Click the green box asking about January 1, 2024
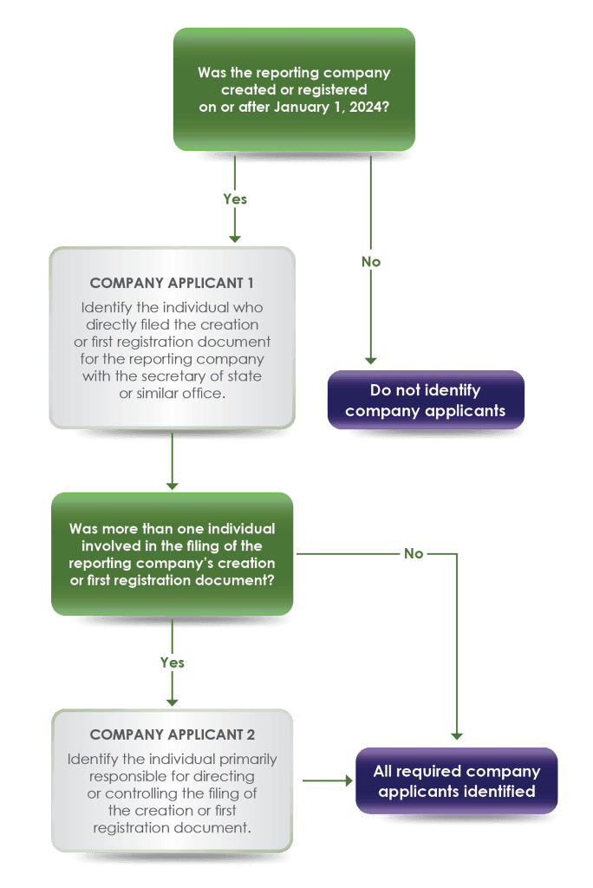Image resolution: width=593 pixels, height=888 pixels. click(x=294, y=89)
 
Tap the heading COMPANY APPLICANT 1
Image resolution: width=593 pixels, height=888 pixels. click(x=172, y=283)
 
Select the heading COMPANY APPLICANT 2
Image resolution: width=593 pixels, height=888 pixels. click(x=172, y=735)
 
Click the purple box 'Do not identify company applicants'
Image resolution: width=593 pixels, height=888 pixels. click(x=425, y=401)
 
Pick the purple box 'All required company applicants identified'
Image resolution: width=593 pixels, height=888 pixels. click(x=456, y=780)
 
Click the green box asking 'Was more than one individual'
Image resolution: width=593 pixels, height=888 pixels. click(x=172, y=554)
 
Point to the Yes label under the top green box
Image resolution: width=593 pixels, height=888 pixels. click(x=234, y=199)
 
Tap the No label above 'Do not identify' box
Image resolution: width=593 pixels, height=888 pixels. click(x=371, y=261)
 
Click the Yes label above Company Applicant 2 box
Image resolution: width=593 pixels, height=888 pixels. click(x=172, y=663)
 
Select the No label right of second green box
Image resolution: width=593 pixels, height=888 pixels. click(x=415, y=553)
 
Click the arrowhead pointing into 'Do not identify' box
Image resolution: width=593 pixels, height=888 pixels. click(x=371, y=360)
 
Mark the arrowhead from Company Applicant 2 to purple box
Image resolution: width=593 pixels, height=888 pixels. click(x=348, y=780)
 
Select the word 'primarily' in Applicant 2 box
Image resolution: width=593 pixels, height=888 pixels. click(x=247, y=759)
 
